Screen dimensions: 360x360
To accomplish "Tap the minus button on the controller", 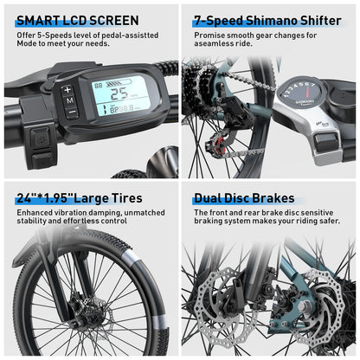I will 69,112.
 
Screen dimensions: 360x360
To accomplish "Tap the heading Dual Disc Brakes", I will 244,198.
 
